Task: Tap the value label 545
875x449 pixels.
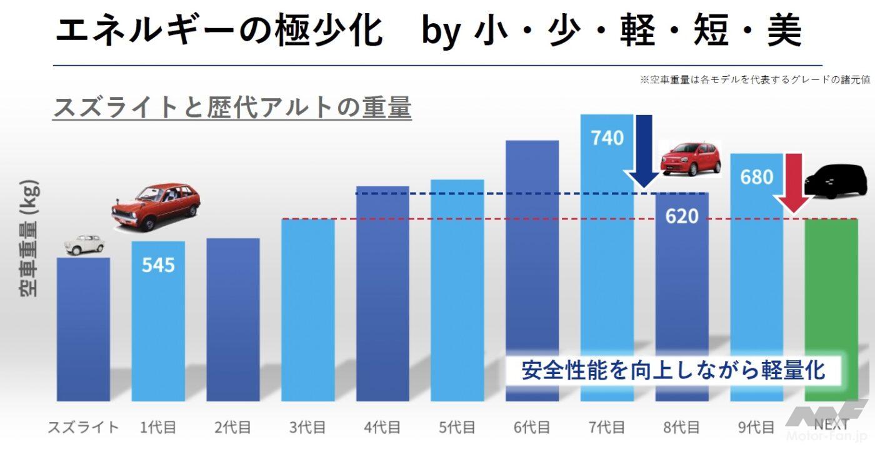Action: (158, 265)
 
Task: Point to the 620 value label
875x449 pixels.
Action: (681, 216)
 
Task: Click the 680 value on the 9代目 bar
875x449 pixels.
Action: (756, 177)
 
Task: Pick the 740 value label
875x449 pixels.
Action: (607, 137)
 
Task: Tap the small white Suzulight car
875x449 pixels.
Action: (83, 244)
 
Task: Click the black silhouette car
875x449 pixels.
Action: (837, 181)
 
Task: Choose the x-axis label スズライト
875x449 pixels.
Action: (83, 428)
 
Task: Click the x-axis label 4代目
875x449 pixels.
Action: (382, 428)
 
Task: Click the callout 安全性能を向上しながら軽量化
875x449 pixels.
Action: (673, 370)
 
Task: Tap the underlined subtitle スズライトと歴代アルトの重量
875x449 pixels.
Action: (232, 107)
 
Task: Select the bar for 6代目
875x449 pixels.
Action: (532, 269)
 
